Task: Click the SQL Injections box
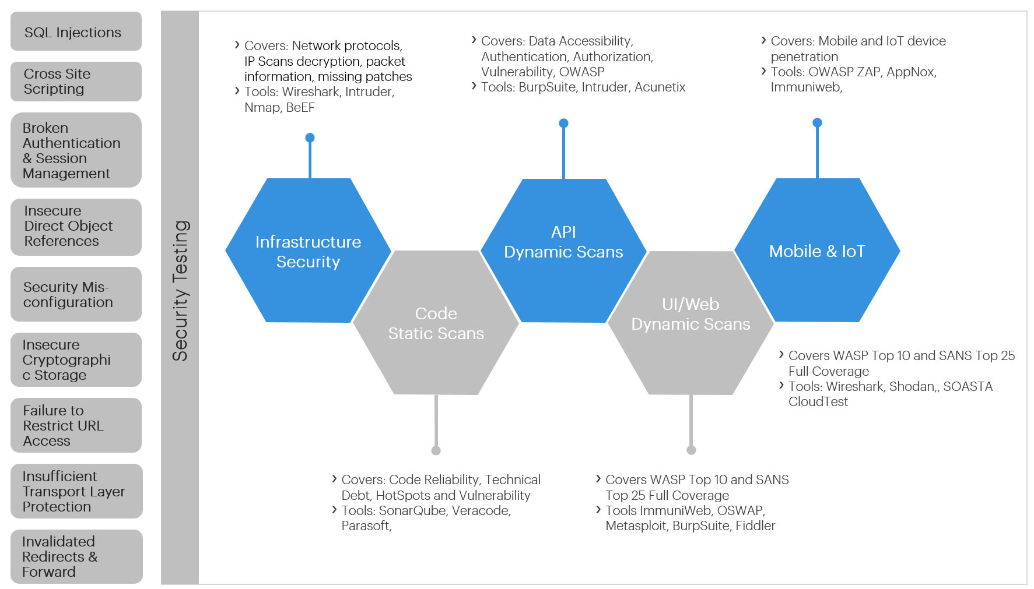pyautogui.click(x=76, y=32)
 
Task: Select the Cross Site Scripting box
pyautogui.click(x=76, y=82)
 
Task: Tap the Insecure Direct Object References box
pyautogui.click(x=76, y=227)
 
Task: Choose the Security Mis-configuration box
pyautogui.click(x=76, y=294)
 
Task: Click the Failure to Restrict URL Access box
pyautogui.click(x=76, y=425)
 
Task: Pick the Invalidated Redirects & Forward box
pyautogui.click(x=76, y=556)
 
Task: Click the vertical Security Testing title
pyautogui.click(x=180, y=291)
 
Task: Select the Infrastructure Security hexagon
pyautogui.click(x=308, y=251)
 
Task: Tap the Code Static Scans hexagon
pyautogui.click(x=436, y=323)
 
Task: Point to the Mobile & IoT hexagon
pyautogui.click(x=817, y=251)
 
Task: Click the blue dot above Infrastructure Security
pyautogui.click(x=310, y=137)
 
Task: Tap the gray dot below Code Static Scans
pyautogui.click(x=436, y=450)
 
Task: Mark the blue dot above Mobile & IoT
pyautogui.click(x=817, y=122)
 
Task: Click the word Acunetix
pyautogui.click(x=660, y=87)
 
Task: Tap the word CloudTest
pyautogui.click(x=818, y=402)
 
